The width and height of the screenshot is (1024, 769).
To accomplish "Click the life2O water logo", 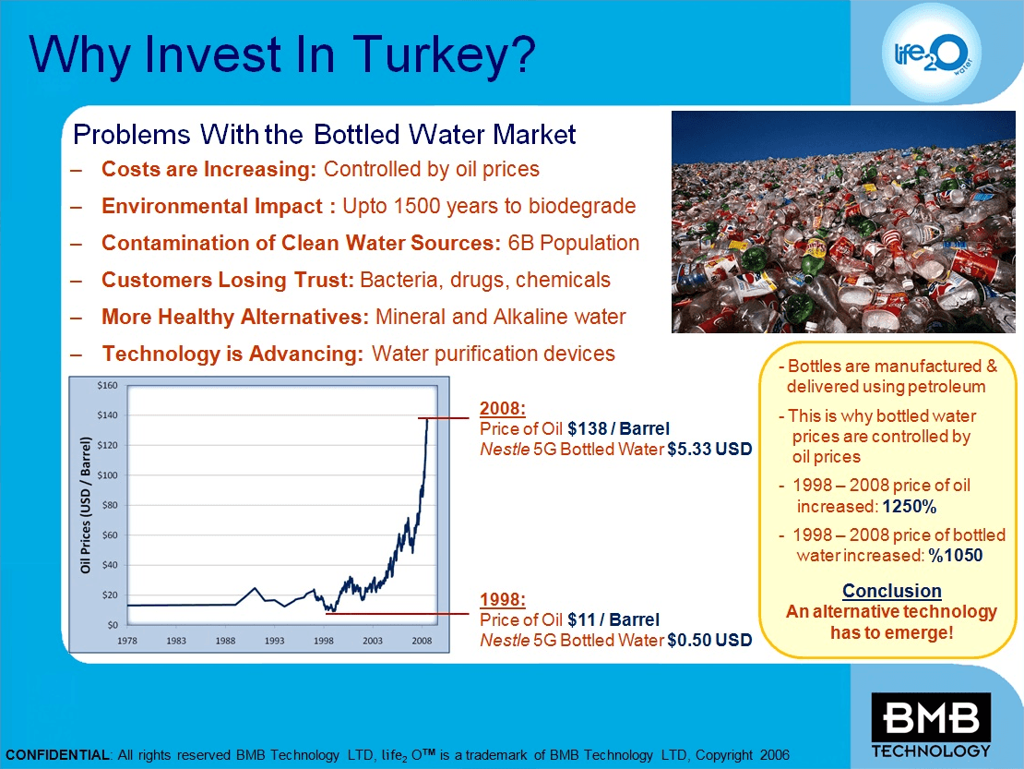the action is click(931, 54).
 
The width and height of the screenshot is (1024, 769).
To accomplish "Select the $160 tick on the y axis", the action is click(107, 386).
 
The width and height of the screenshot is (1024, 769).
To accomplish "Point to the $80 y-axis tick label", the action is click(110, 505).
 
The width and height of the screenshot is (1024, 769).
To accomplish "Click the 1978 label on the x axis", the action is click(127, 641).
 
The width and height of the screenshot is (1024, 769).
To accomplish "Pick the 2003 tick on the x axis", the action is click(373, 641).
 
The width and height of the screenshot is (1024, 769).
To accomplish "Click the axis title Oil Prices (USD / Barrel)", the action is click(85, 505).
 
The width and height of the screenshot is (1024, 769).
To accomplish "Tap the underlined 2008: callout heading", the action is click(503, 408).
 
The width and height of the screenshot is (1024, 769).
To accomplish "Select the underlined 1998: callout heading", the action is click(503, 599).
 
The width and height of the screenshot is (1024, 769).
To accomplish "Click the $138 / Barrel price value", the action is click(618, 428).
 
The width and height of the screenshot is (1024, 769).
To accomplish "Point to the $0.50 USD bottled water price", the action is click(709, 640).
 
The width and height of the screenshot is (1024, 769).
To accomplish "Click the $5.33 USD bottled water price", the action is click(709, 449).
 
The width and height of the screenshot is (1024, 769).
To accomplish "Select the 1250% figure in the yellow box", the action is click(909, 506).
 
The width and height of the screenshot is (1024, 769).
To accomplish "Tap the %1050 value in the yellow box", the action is click(956, 556).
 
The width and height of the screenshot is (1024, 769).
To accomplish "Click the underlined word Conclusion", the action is click(892, 591).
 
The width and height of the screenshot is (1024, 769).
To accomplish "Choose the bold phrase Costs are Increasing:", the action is click(209, 169).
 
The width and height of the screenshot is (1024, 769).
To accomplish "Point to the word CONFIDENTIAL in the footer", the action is click(57, 755).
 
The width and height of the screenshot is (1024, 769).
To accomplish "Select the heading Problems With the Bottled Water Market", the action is click(325, 135).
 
